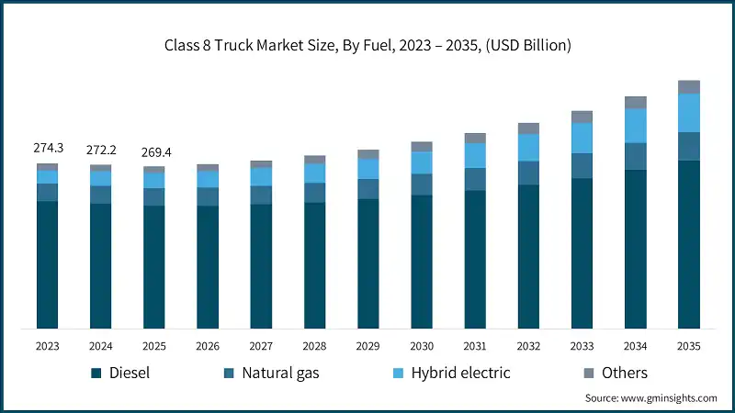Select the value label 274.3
(x=47, y=148)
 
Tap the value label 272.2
(x=100, y=149)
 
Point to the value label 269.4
(x=153, y=151)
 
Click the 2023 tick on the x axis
(x=47, y=345)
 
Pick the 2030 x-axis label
(x=422, y=345)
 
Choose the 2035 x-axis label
(x=688, y=345)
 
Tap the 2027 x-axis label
(x=261, y=345)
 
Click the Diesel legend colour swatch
(x=95, y=373)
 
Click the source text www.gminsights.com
(x=650, y=398)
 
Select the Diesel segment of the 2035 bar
(x=688, y=244)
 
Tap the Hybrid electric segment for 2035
(x=688, y=113)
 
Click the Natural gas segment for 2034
(x=635, y=156)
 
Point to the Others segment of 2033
(x=582, y=117)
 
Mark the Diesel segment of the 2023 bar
(x=47, y=264)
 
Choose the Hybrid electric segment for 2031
(x=475, y=155)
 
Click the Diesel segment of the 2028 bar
(x=315, y=265)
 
